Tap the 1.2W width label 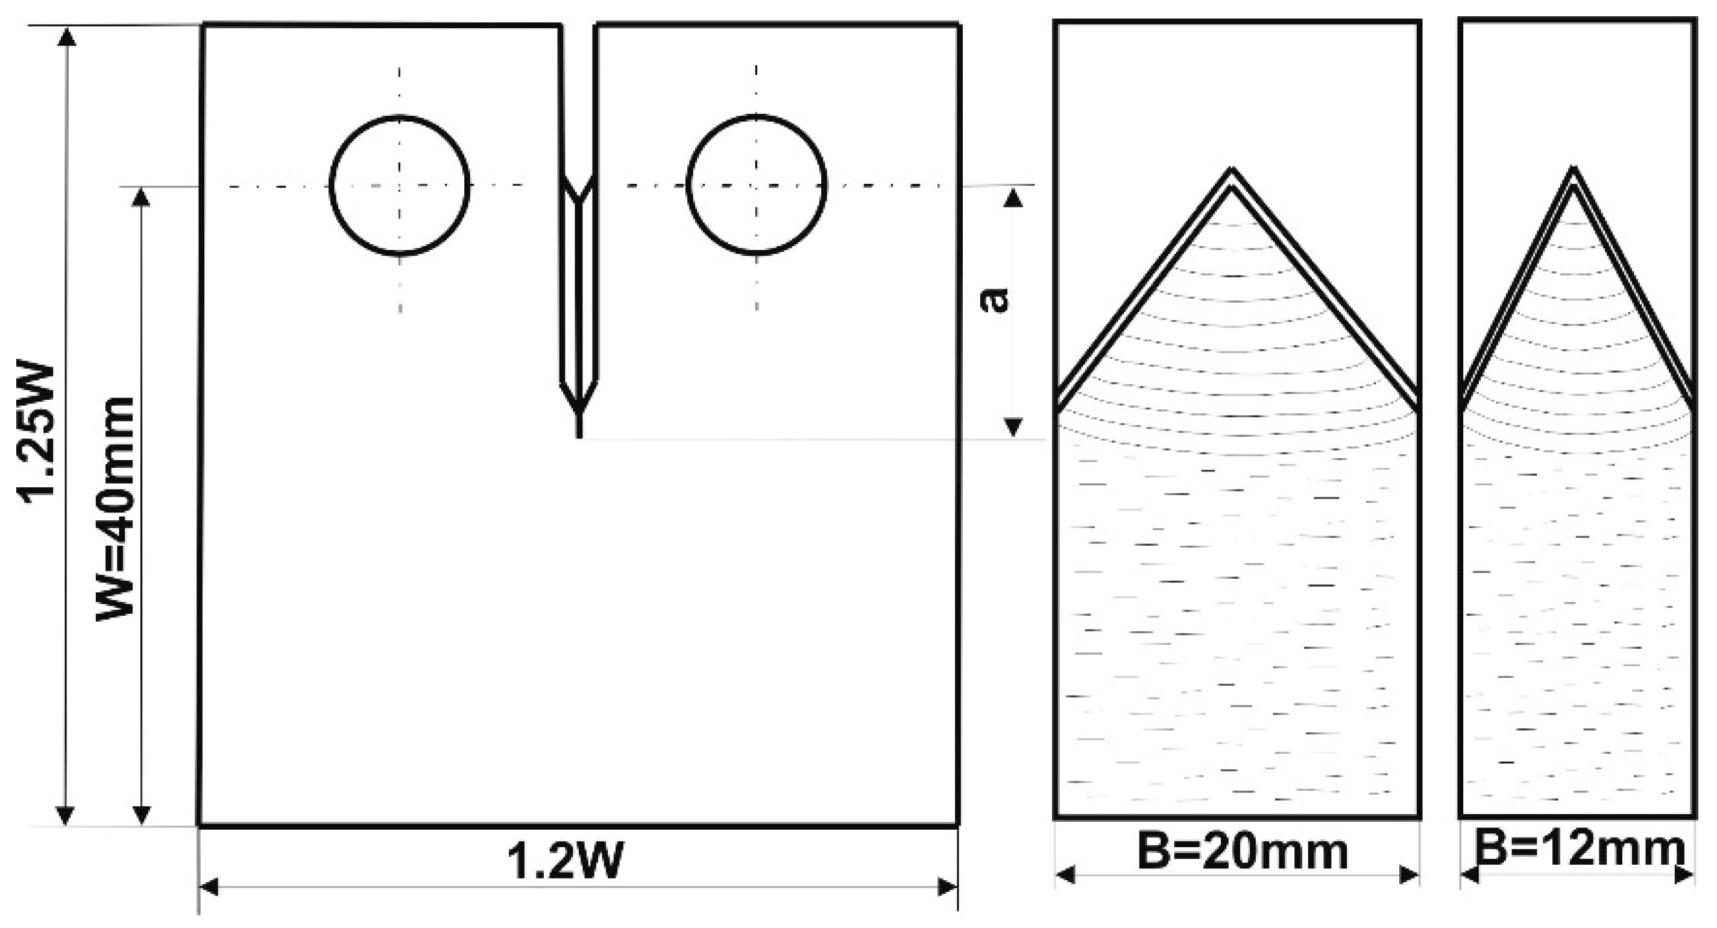coord(566,860)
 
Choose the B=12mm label coord(1580,848)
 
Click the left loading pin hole coord(400,185)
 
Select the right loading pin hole coord(757,185)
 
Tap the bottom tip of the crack coord(579,437)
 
